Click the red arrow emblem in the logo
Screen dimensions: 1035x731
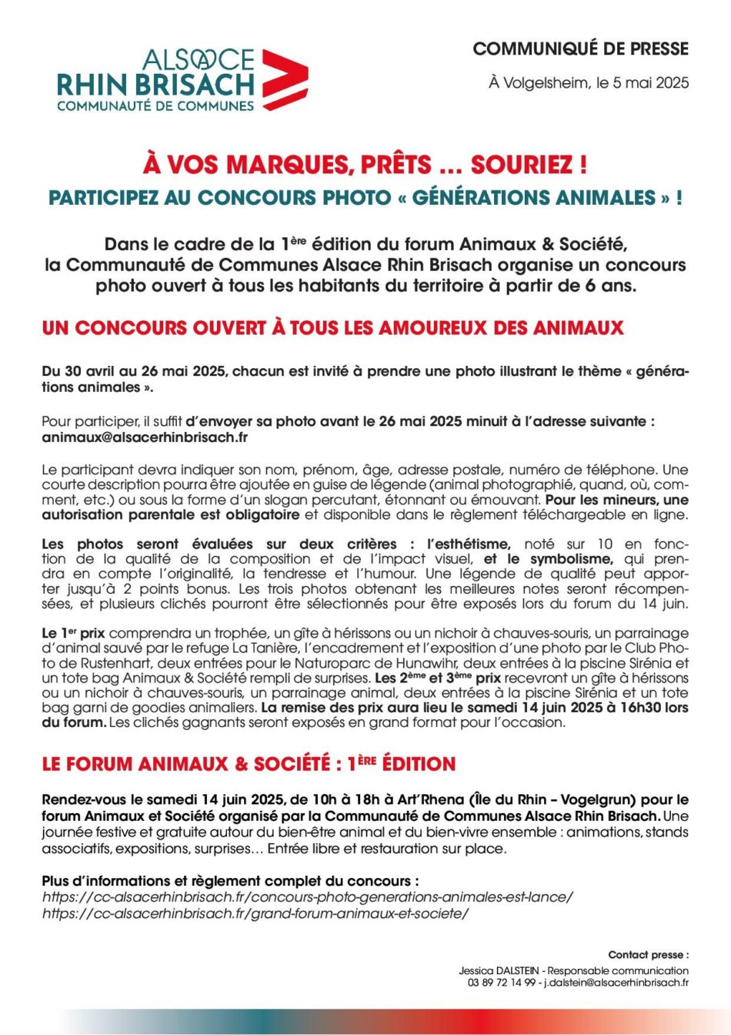285,79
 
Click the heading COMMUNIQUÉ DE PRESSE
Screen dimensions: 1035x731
580,49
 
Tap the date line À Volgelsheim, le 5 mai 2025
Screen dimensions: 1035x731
589,82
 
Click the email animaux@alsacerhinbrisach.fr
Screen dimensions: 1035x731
145,437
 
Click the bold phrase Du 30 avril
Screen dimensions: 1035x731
76,371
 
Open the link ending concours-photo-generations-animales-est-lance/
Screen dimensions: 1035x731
308,897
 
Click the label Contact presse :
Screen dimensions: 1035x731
648,955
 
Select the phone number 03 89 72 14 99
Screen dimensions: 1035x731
498,982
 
